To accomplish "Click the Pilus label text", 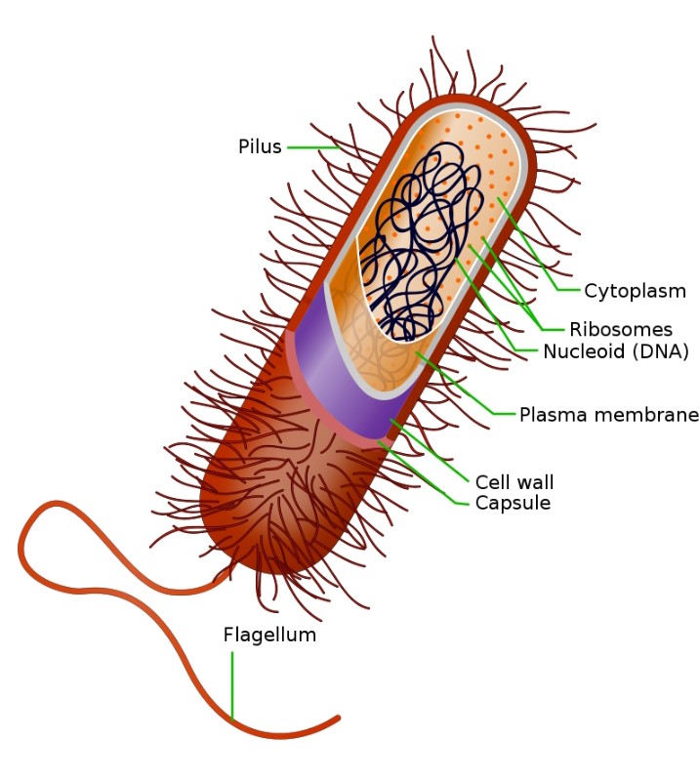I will pos(260,147).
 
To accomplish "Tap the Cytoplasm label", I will pos(635,291).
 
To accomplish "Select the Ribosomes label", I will pos(621,329).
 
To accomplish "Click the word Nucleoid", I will pos(581,352).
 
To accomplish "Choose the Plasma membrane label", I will pos(608,415).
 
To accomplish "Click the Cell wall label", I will pos(514,482).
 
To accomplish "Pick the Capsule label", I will pos(513,504).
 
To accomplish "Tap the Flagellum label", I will pos(269,636).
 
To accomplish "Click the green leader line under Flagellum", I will pos(232,683).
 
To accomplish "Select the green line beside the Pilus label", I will pos(310,148).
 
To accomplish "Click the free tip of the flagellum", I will pos(338,719).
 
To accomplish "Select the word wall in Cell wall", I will pos(536,482).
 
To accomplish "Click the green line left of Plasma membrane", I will pos(504,414).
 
